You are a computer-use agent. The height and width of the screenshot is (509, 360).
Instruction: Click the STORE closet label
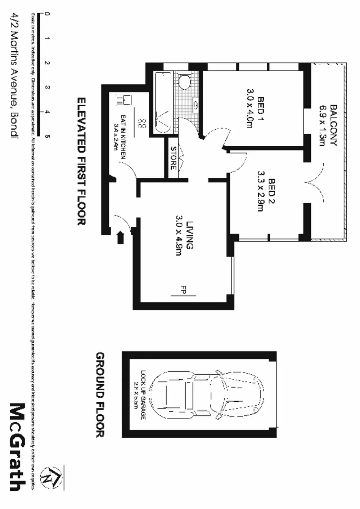173,158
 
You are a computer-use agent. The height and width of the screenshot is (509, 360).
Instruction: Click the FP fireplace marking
183,290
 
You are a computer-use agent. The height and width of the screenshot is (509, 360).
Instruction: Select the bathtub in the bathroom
163,103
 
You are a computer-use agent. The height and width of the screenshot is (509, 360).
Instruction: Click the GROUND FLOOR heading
100,394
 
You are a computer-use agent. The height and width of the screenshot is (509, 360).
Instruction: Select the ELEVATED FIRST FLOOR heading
81,161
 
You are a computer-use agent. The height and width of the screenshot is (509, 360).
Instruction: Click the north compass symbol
50,478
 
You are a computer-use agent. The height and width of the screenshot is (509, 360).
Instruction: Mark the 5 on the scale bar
47,136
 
